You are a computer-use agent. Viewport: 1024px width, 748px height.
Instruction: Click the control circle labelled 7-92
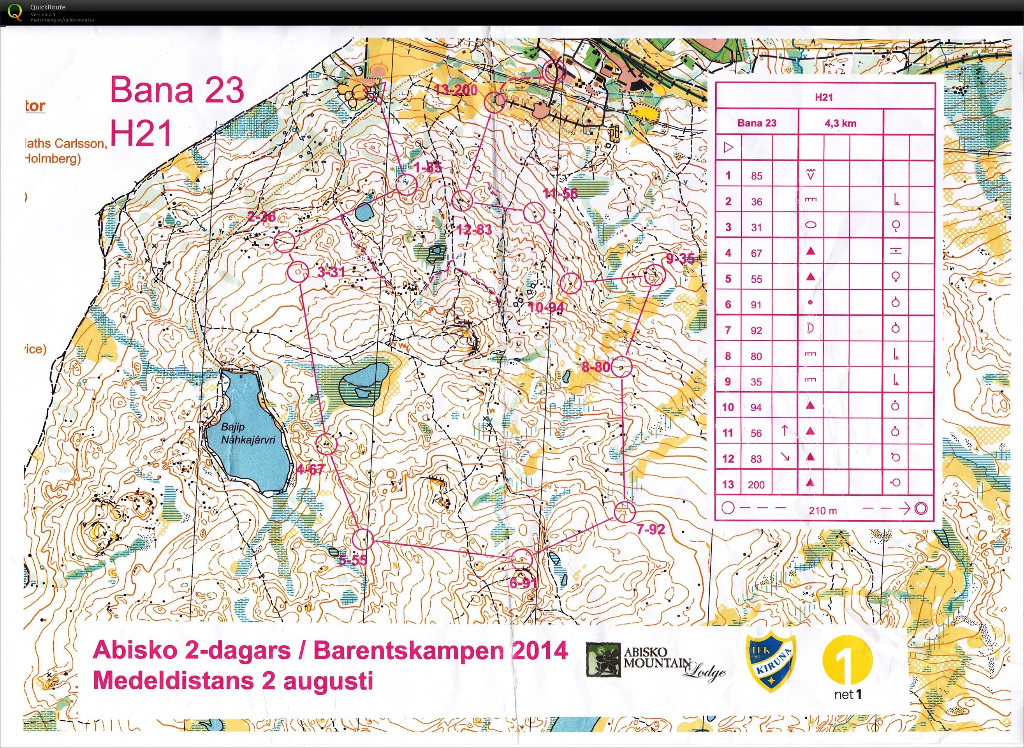[625, 512]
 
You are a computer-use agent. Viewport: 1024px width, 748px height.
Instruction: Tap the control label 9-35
[680, 259]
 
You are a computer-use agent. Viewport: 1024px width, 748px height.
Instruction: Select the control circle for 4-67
[326, 444]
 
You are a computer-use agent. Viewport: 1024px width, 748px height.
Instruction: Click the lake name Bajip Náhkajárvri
[248, 433]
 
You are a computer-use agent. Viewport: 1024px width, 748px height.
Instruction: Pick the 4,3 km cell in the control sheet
[840, 123]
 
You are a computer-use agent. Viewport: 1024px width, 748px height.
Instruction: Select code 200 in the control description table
[756, 484]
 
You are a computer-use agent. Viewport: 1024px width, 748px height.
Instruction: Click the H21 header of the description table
[824, 97]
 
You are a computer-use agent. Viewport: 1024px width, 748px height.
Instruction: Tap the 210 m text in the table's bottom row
[823, 511]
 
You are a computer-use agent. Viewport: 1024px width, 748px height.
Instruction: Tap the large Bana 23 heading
[178, 90]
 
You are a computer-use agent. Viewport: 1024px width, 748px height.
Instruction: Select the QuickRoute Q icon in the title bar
[15, 12]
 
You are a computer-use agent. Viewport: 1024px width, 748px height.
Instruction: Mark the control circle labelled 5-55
[362, 539]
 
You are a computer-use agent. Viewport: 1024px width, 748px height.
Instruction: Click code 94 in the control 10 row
[756, 407]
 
